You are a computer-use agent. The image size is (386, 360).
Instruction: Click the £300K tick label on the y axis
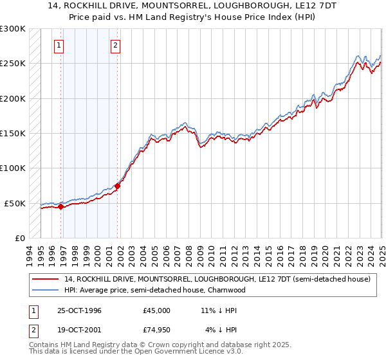click(x=13, y=29)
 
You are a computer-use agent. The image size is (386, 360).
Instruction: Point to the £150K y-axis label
click(x=13, y=133)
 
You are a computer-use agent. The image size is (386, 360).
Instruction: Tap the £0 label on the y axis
click(x=20, y=238)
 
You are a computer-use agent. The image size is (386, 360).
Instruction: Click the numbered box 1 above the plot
click(x=59, y=45)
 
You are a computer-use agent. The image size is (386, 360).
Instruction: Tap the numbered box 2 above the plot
click(x=115, y=45)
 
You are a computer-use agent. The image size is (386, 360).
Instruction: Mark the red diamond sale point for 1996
click(x=61, y=206)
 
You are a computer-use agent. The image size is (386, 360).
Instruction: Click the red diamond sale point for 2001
click(x=118, y=186)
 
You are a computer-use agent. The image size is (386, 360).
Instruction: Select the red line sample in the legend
click(x=46, y=279)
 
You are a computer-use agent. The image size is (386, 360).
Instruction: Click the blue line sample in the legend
click(x=46, y=290)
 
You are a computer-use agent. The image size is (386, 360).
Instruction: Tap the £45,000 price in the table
click(x=157, y=310)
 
